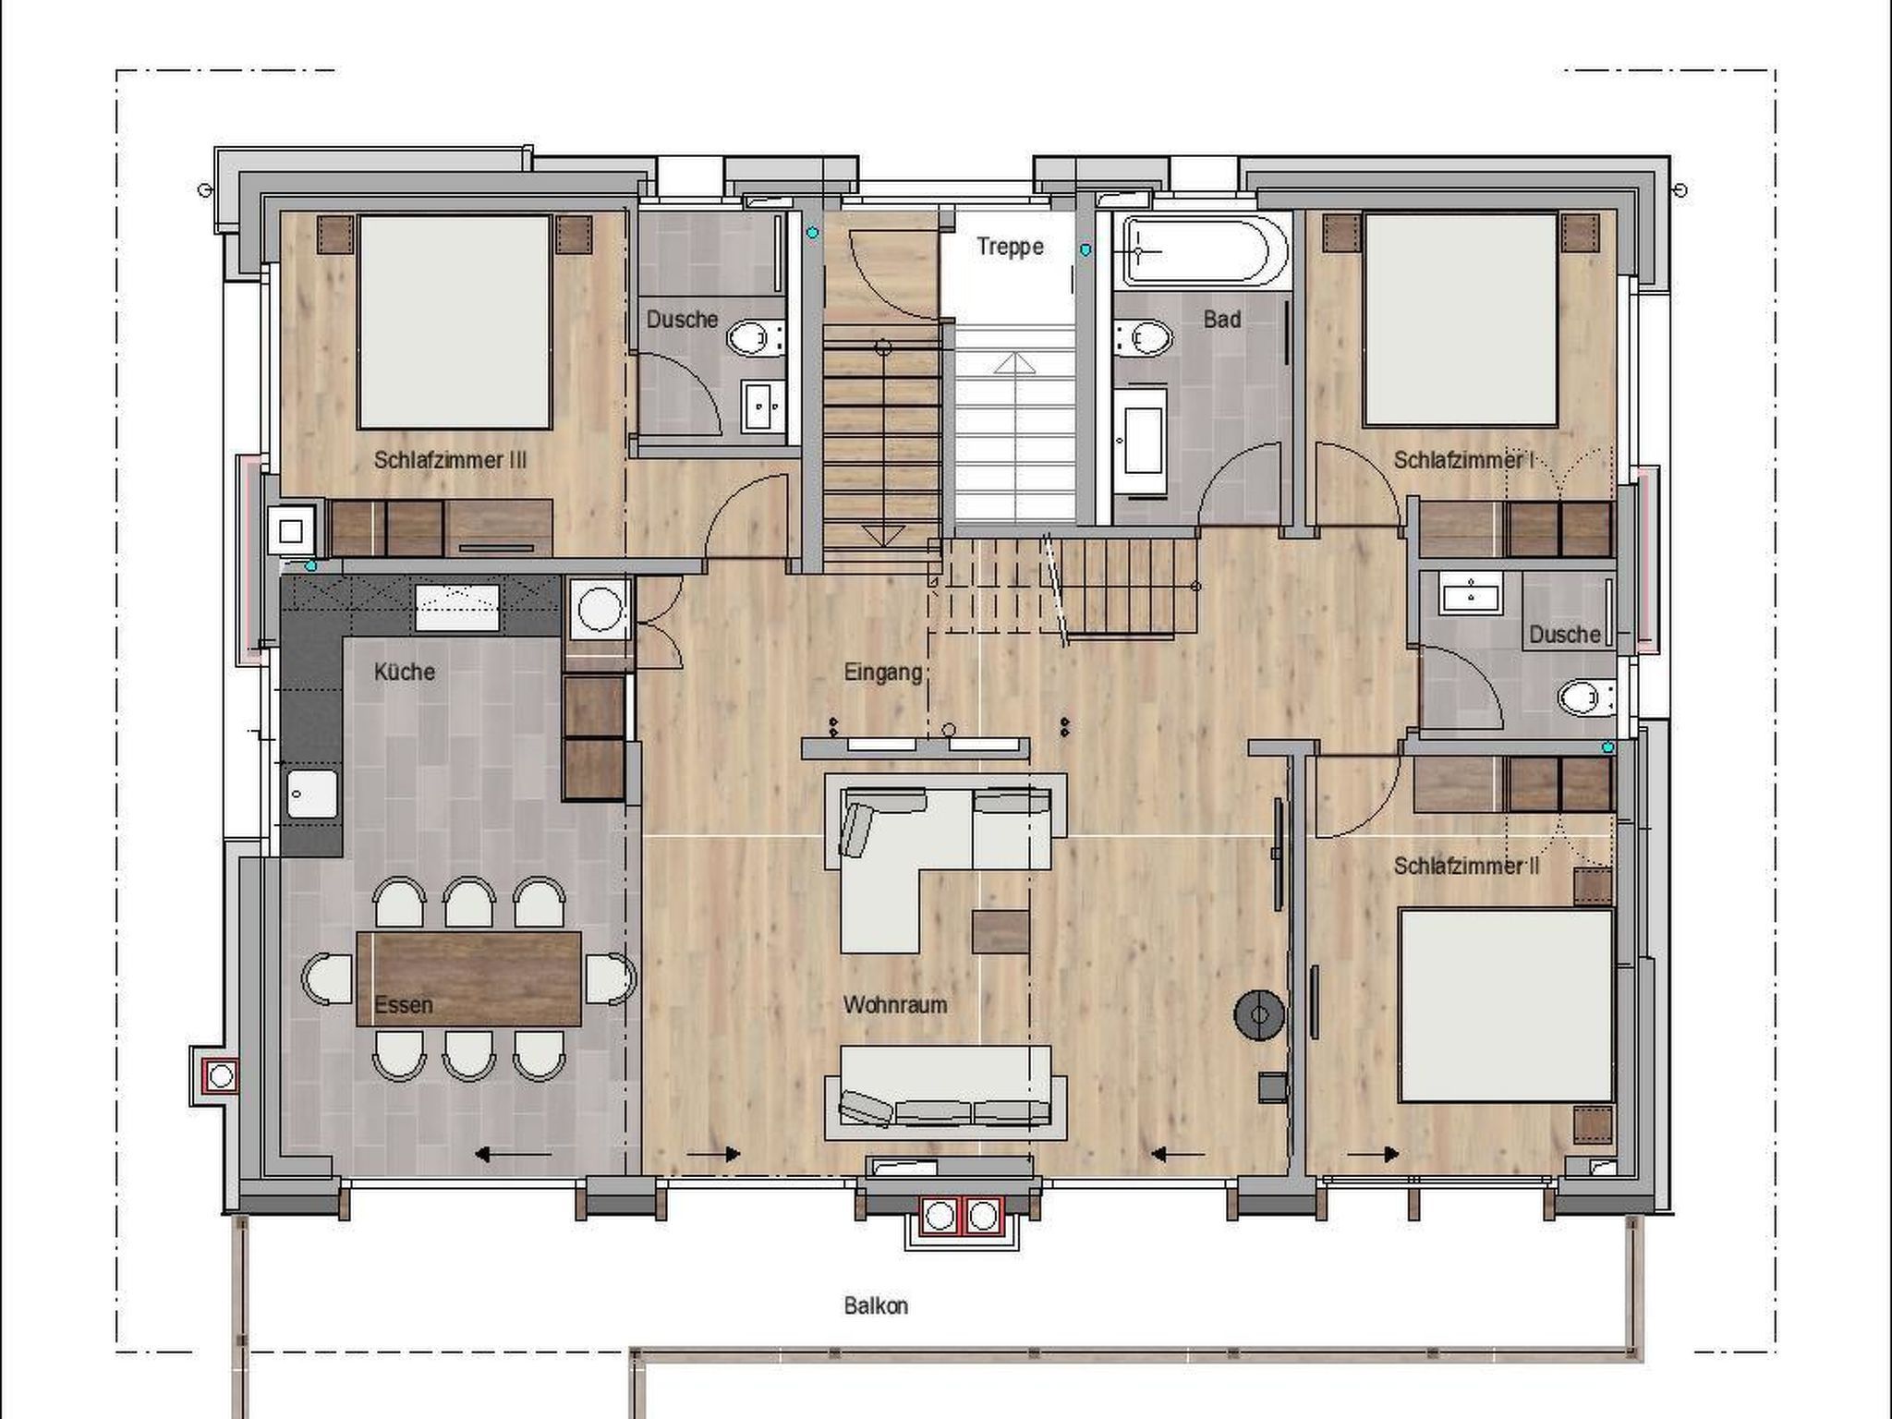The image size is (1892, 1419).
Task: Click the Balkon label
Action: point(876,1305)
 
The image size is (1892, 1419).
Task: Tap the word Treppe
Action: point(1010,247)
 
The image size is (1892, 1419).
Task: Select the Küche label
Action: point(404,672)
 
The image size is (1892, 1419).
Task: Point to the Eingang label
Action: point(883,673)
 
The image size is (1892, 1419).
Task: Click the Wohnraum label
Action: point(895,1004)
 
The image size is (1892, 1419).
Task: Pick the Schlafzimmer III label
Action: point(450,460)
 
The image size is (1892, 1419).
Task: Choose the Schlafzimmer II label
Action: point(1467,867)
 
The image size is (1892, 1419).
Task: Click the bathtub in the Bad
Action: point(1205,249)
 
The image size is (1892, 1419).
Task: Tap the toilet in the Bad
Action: point(1142,338)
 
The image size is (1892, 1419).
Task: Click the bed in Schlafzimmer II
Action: point(1506,1005)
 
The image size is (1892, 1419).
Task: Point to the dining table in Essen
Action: point(469,978)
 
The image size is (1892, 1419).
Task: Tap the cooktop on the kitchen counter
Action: point(457,607)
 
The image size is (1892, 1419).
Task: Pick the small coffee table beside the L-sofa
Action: point(1001,931)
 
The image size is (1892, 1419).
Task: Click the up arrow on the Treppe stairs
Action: point(1014,361)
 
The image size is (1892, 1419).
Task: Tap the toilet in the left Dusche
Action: point(755,338)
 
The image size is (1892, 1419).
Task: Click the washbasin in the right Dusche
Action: point(1469,592)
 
